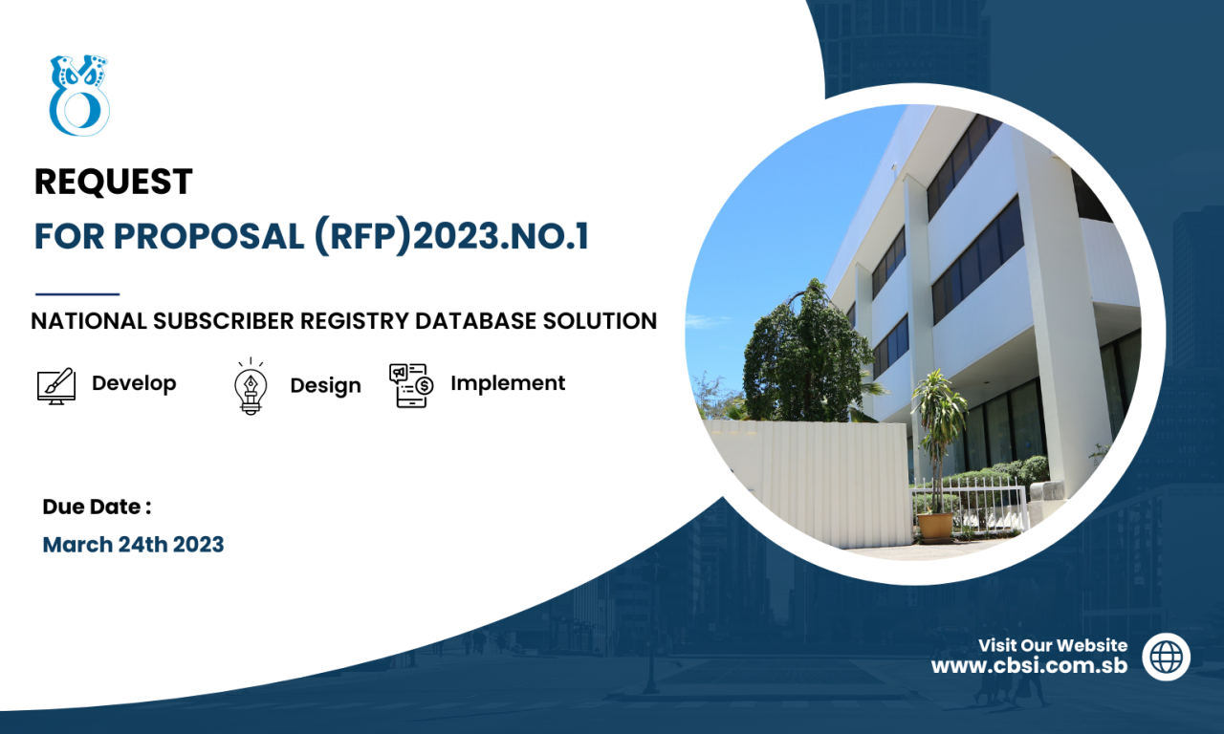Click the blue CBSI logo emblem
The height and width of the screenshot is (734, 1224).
pos(79,96)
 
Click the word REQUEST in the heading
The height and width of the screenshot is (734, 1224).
pos(114,182)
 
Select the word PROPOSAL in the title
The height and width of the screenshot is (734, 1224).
pos(208,236)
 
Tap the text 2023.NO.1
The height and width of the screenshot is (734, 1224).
pos(500,236)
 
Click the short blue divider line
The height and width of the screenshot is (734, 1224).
pos(77,294)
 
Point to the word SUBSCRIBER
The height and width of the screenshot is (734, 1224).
pos(224,321)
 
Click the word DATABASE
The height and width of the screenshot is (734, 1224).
pos(475,321)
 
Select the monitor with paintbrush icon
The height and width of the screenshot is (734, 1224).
pos(56,385)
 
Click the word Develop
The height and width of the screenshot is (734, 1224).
pos(134,383)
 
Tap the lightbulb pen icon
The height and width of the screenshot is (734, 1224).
pos(251,387)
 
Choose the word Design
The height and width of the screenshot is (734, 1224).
pos(326,386)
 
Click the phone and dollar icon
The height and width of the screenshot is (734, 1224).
pos(411,385)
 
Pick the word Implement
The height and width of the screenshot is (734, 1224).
pos(508,383)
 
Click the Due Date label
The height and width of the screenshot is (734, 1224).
pos(97,507)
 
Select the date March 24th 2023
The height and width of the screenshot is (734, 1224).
pos(133,545)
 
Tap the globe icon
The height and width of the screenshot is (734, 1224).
pos(1166,657)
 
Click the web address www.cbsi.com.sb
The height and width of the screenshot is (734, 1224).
pos(1030,666)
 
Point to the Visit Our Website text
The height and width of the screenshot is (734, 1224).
pos(1053,645)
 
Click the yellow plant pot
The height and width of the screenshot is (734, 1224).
pos(935,527)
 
